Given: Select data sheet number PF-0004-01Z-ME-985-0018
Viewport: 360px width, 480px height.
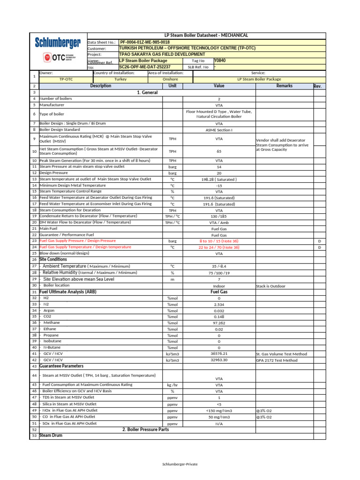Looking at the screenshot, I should [145, 42].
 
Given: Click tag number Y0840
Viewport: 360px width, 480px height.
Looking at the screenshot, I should [219, 60].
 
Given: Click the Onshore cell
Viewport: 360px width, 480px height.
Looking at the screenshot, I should [170, 80].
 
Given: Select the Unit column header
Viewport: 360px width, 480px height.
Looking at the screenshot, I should [172, 86].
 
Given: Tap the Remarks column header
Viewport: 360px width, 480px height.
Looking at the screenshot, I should [284, 86].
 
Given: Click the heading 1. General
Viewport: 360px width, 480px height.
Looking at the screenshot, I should [147, 93].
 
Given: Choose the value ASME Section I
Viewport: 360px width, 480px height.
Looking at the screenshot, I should [219, 129].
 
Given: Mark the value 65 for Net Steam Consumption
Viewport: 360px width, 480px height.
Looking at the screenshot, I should [219, 151].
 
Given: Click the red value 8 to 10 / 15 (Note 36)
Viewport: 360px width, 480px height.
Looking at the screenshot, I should [219, 241].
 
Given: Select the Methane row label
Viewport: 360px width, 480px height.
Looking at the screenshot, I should [52, 322].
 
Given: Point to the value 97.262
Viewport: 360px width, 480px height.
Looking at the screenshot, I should [219, 323].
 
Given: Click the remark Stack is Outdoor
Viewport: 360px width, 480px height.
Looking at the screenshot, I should [270, 285].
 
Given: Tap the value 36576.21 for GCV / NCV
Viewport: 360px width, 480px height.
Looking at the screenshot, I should [219, 353].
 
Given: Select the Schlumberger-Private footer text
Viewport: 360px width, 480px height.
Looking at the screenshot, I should [180, 464].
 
